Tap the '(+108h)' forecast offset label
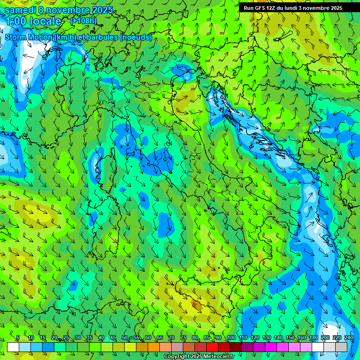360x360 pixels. pyautogui.click(x=83, y=21)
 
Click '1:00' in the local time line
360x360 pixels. pyautogui.click(x=15, y=21)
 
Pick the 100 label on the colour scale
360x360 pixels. pyautogui.click(x=231, y=338)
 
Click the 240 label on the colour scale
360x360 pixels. pyautogui.click(x=348, y=338)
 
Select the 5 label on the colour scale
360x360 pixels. pyautogui.click(x=18, y=338)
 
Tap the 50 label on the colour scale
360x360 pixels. pyautogui.click(x=124, y=338)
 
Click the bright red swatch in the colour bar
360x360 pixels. pyautogui.click(x=212, y=347)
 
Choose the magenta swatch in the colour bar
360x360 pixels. pyautogui.click(x=271, y=347)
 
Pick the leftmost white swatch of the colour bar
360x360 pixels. pyautogui.click(x=13, y=347)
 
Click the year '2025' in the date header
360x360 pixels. pyautogui.click(x=102, y=10)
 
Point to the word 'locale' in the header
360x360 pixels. pyautogui.click(x=45, y=21)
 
